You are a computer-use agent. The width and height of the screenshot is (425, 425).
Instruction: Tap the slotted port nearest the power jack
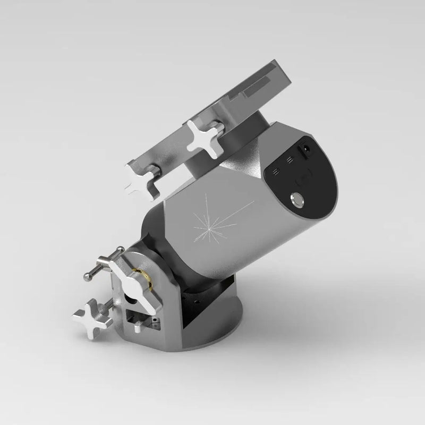(x=290, y=159)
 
